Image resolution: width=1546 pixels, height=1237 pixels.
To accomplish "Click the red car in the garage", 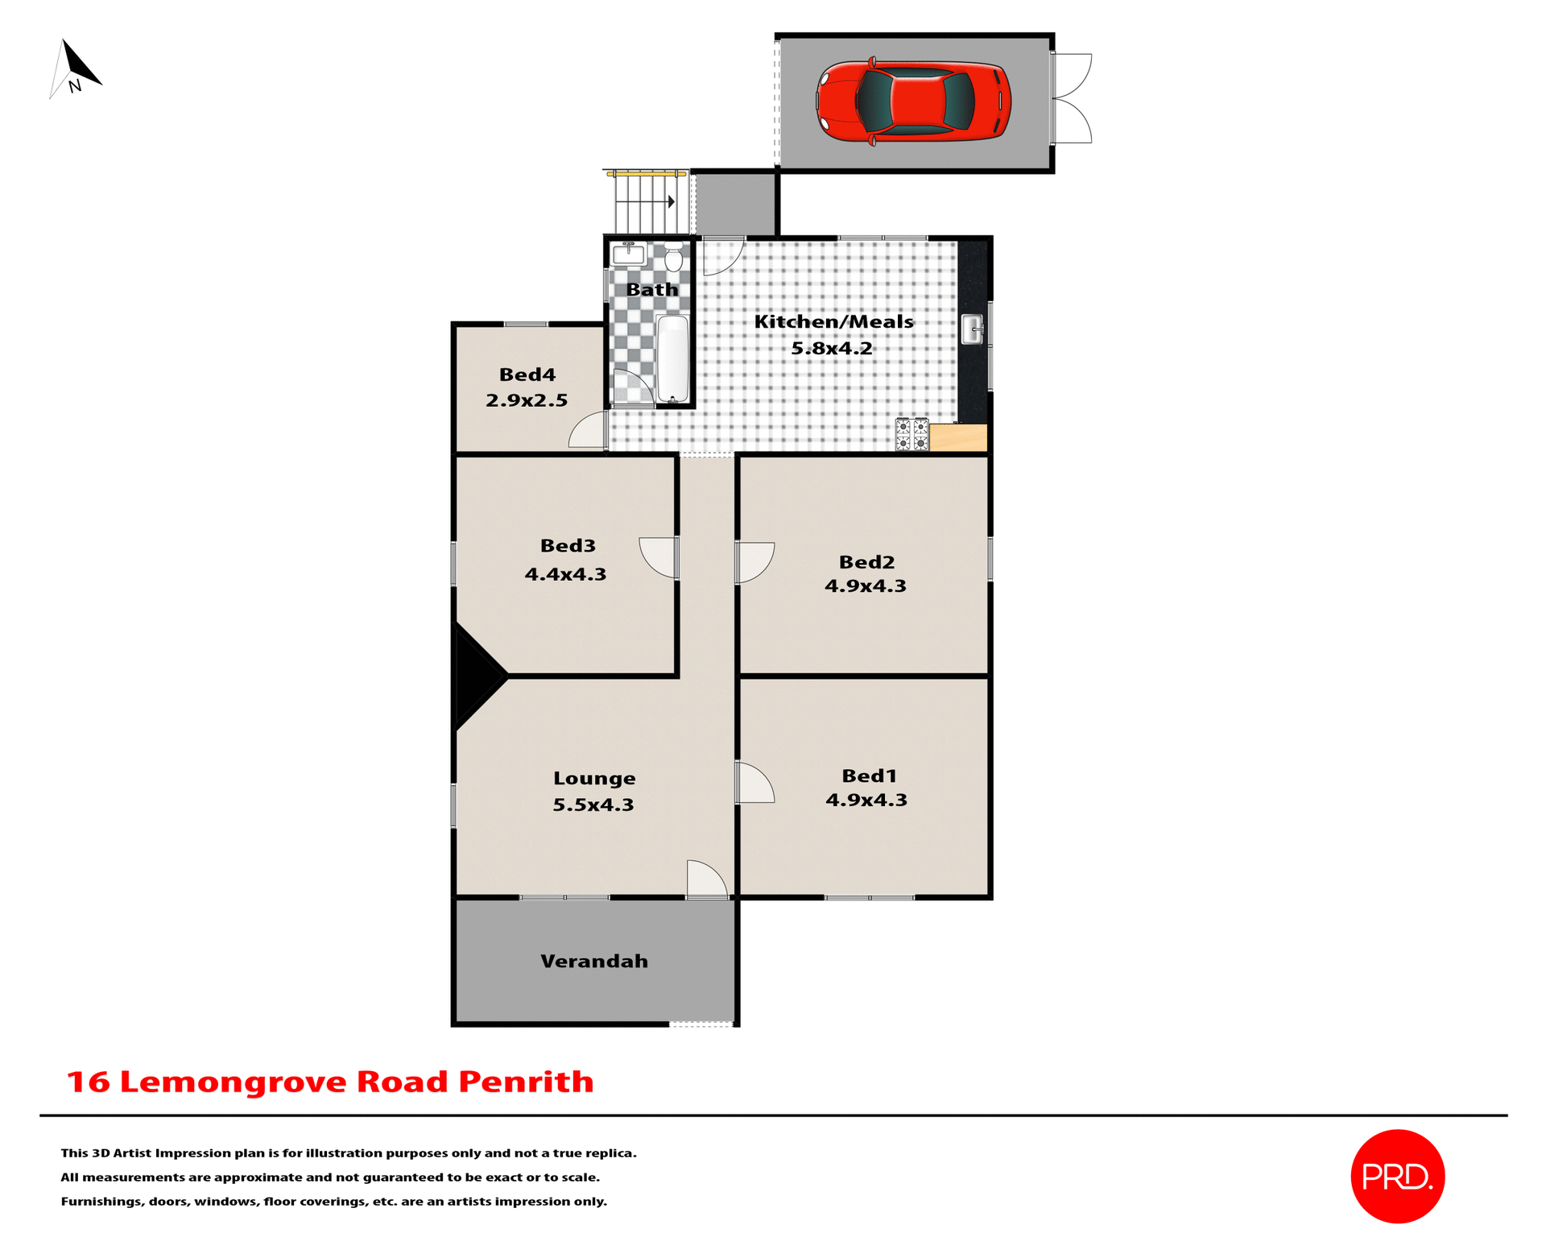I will click(913, 102).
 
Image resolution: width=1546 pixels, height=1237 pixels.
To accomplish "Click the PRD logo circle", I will click(1397, 1176).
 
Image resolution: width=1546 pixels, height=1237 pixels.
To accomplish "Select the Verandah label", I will click(593, 961).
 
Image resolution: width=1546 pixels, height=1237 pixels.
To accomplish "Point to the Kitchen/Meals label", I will click(833, 321).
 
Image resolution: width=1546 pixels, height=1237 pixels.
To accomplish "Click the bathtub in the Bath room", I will click(672, 358).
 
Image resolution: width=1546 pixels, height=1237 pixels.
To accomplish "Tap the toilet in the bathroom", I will click(673, 258).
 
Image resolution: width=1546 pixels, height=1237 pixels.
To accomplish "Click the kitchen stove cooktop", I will click(912, 434).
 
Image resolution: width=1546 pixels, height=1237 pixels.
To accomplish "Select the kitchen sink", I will click(973, 329).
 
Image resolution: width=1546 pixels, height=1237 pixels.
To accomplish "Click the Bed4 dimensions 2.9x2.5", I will click(527, 400).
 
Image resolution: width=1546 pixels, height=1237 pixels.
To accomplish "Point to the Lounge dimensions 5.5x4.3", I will click(593, 805).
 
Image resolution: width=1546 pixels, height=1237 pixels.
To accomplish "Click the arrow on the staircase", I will click(670, 201).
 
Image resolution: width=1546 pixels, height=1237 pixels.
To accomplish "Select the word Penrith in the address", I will click(526, 1082).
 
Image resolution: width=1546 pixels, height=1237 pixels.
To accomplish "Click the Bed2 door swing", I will click(754, 561).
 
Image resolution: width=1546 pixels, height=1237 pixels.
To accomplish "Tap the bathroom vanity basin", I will click(628, 254).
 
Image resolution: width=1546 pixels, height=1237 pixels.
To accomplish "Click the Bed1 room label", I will click(869, 776).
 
